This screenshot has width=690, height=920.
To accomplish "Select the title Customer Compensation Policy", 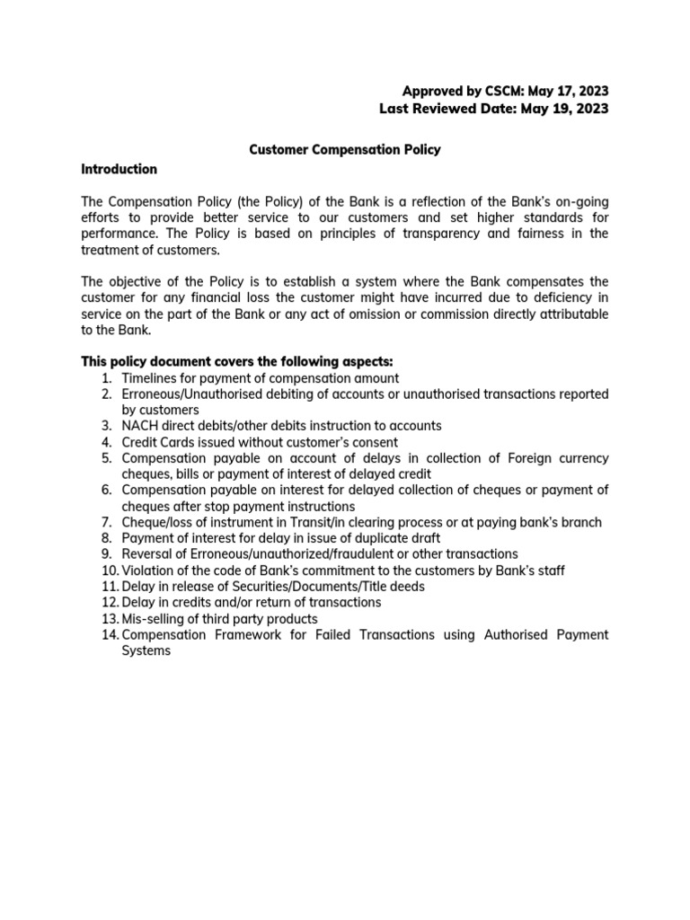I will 344,150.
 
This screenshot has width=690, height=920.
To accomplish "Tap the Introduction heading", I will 119,169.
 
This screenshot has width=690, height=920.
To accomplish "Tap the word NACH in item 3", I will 139,425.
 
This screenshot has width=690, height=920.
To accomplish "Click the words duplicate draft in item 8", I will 395,538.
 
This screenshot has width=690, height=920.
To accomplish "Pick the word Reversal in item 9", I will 147,554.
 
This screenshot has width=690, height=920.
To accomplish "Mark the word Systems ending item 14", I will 146,651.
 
